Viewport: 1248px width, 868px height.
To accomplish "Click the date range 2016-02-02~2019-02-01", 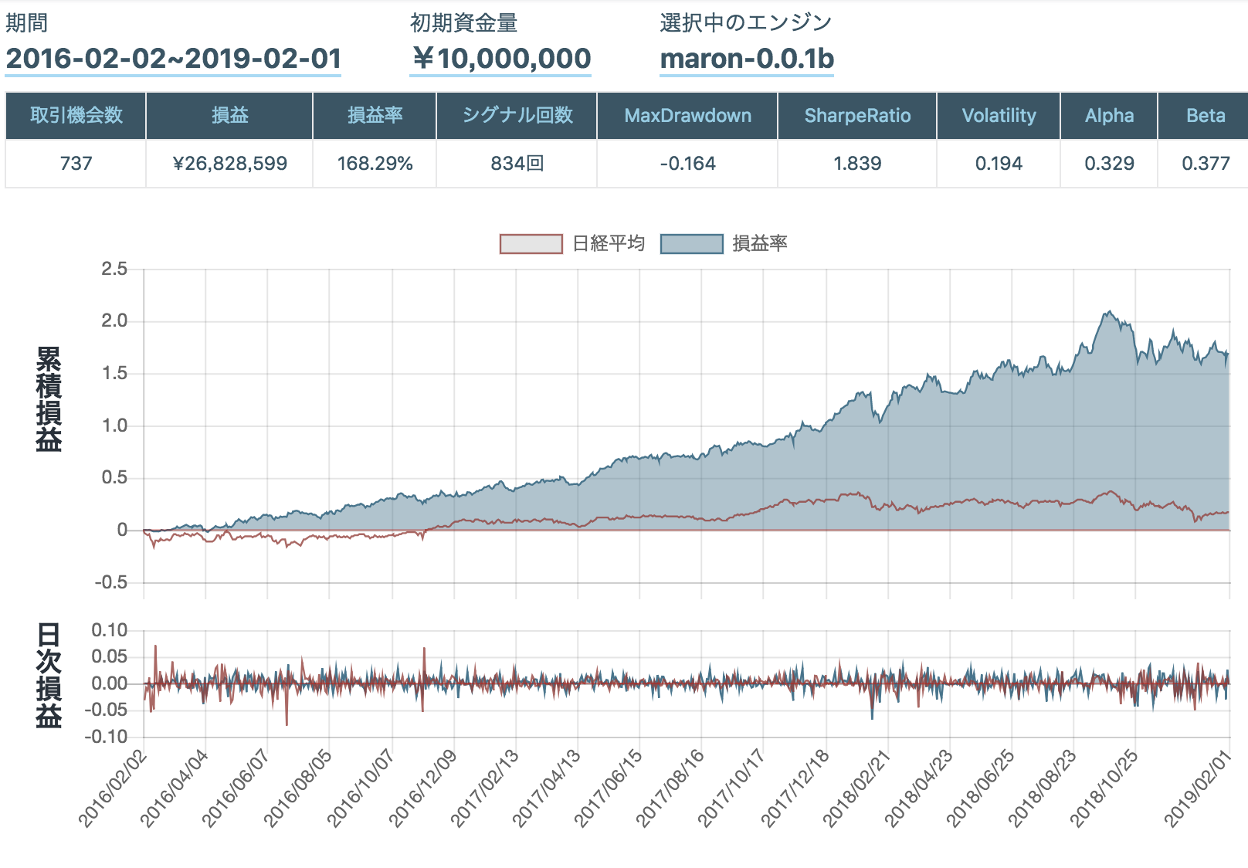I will [173, 59].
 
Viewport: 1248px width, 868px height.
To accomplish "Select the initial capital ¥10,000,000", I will [500, 59].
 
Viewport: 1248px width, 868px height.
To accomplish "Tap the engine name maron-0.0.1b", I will [747, 59].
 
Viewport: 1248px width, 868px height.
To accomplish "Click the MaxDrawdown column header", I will [687, 116].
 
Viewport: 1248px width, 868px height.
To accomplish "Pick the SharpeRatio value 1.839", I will [857, 164].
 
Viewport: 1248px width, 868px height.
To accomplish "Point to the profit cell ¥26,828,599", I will [229, 164].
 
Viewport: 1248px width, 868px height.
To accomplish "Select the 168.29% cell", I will [375, 164].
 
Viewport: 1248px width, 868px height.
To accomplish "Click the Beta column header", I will [1205, 116].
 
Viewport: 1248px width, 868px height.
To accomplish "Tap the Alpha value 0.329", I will [1109, 164].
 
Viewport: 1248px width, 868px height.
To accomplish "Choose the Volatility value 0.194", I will [999, 164].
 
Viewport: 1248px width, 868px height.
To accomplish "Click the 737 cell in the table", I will [76, 164].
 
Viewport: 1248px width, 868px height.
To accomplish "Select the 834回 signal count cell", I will [517, 164].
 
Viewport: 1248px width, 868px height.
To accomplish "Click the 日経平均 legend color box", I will [531, 244].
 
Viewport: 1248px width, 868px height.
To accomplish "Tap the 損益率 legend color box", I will [691, 244].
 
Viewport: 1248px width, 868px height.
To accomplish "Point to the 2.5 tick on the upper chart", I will [114, 269].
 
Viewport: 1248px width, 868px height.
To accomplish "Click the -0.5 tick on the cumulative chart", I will [110, 582].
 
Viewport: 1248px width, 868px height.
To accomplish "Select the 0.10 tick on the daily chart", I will [109, 630].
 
